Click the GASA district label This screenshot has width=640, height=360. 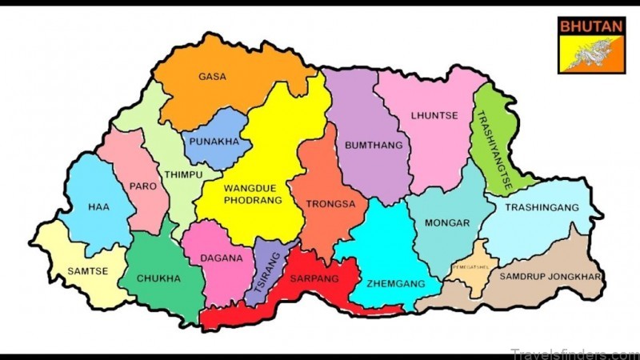coord(212,77)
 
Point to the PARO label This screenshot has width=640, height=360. coord(142,186)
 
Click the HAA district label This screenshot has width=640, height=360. coord(99,207)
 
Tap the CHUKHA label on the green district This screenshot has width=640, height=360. coord(158,278)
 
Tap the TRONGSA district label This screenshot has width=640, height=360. coord(330,204)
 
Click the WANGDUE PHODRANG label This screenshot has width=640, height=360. coord(254,194)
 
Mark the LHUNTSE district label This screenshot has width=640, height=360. coord(434,115)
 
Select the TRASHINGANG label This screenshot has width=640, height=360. coord(542,207)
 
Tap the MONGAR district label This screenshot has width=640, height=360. coord(446,223)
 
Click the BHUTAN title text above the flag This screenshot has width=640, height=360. coord(591,26)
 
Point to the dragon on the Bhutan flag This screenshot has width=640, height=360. coord(593,54)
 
